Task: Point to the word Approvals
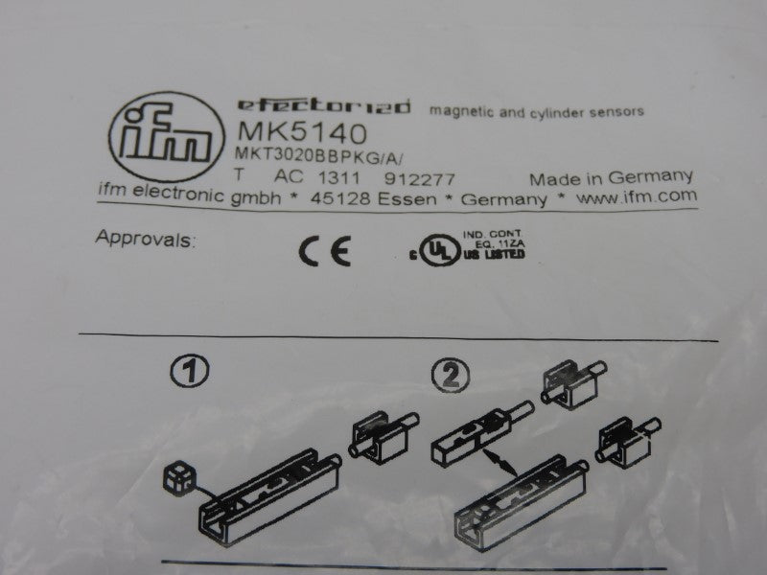[x=144, y=239]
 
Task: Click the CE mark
[x=323, y=251]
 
